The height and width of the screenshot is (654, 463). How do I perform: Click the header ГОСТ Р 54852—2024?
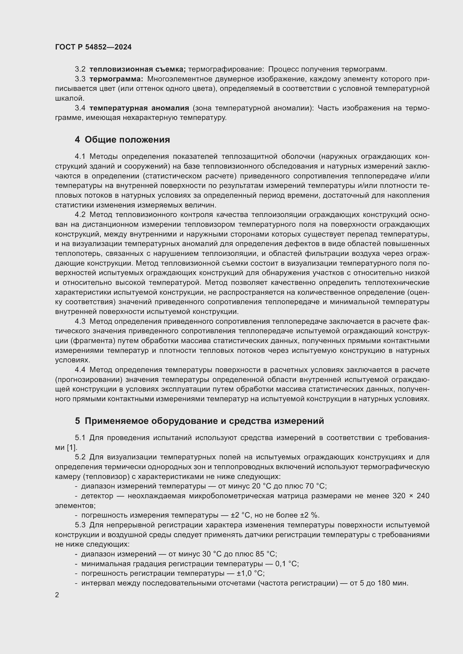[93, 47]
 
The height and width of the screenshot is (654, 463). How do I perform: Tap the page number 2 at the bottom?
[57, 595]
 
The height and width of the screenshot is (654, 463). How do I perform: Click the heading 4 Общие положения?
[122, 140]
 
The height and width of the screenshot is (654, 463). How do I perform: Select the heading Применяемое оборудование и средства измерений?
[204, 421]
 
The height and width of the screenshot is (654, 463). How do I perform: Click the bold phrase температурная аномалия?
[139, 108]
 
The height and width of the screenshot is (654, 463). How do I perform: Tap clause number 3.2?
[80, 69]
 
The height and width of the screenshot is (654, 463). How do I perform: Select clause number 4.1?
[80, 156]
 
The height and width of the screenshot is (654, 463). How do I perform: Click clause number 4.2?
[80, 214]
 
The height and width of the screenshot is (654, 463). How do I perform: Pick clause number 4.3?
[80, 321]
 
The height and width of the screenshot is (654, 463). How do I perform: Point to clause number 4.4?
[80, 370]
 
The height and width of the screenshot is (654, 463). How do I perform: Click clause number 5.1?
[80, 438]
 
